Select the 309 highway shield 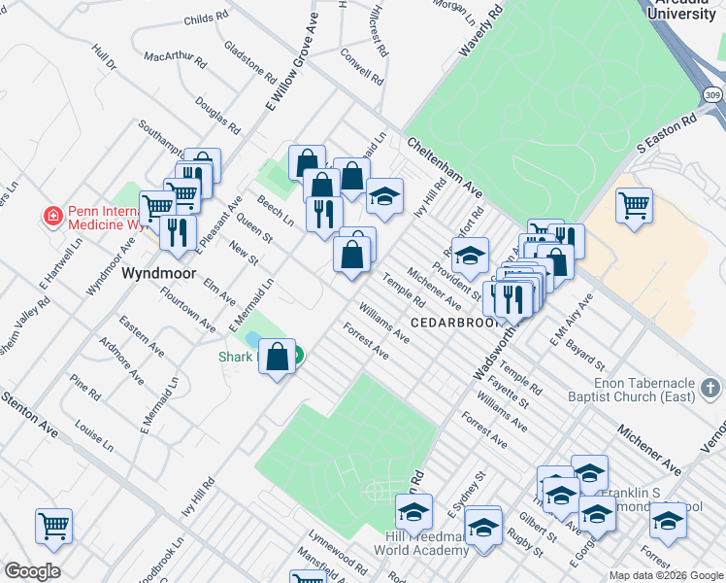click(x=713, y=95)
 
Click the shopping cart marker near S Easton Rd click(x=634, y=205)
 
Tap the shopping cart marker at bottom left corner click(x=54, y=526)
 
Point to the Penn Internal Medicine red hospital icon click(x=52, y=215)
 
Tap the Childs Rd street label click(x=205, y=17)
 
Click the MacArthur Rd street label click(x=176, y=58)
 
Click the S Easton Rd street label click(x=668, y=134)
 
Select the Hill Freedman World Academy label click(x=428, y=544)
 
